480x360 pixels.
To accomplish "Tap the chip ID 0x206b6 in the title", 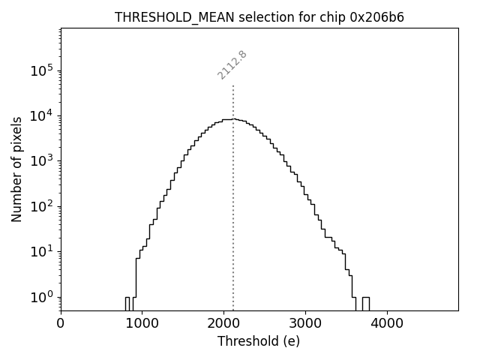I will (377, 17).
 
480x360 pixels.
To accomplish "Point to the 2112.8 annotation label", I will (232, 65).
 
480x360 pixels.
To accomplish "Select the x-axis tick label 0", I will (61, 324).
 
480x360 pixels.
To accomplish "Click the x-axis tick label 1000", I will (142, 324).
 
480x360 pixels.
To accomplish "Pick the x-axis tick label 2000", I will (224, 324).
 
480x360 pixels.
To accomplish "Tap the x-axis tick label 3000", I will (305, 324).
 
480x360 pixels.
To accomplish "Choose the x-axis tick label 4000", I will (387, 324).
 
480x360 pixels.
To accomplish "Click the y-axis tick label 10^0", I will (41, 297).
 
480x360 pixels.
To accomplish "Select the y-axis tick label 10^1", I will (41, 252).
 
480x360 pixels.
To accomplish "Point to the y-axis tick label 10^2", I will (41, 206).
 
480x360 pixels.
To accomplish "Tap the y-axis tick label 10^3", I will (41, 161).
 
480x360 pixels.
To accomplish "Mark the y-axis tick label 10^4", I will (41, 115).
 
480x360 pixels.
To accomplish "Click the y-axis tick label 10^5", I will (41, 70).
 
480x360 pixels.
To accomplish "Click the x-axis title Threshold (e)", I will (259, 341).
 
